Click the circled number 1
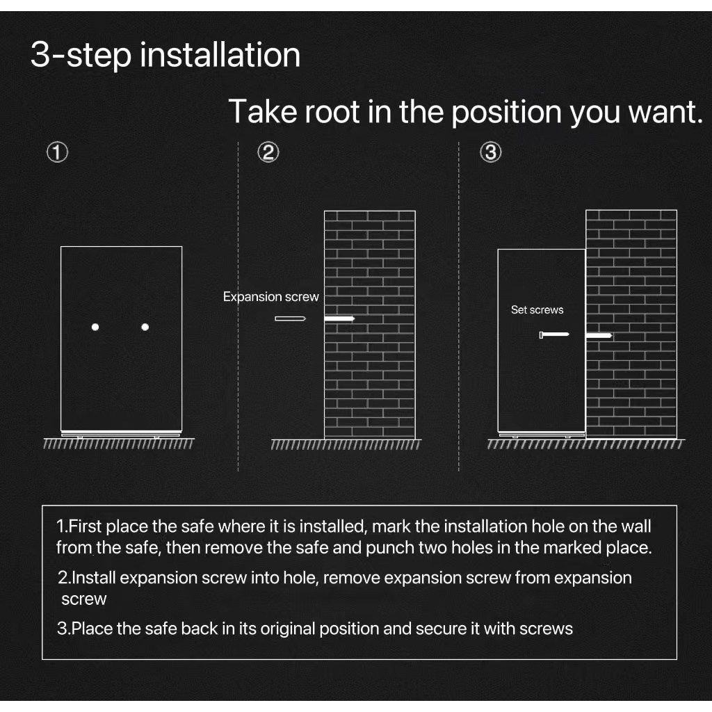[x=57, y=152]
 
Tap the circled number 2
[x=268, y=152]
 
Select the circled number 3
[x=491, y=152]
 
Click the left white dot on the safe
[x=95, y=327]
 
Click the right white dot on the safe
[x=145, y=327]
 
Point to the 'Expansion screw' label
[x=270, y=297]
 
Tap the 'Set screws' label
[x=537, y=309]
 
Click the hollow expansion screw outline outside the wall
[x=290, y=318]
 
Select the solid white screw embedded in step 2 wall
[x=339, y=318]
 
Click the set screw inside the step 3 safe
[x=554, y=334]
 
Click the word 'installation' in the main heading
[x=220, y=55]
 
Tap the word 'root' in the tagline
[x=332, y=112]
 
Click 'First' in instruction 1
[x=85, y=526]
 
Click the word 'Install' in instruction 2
[x=94, y=578]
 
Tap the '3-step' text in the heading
[x=81, y=56]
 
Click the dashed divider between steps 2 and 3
[x=459, y=307]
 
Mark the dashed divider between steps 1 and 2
[x=238, y=307]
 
